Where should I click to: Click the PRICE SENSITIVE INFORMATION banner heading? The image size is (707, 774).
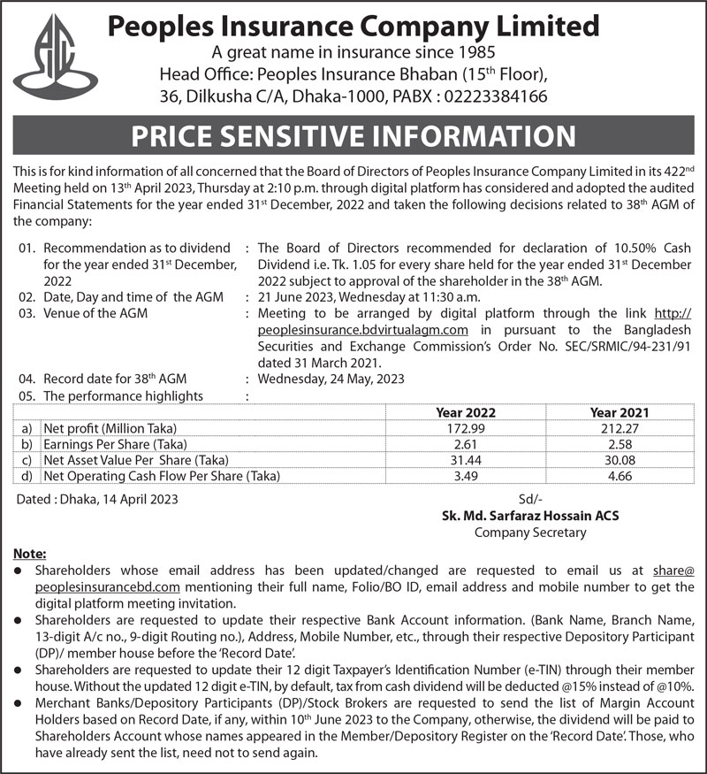353,137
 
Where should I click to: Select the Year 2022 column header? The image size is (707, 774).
466,412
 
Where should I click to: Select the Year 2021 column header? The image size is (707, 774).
620,412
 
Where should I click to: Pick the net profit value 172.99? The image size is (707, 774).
466,428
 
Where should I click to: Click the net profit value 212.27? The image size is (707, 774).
620,428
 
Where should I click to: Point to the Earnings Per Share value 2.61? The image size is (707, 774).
466,444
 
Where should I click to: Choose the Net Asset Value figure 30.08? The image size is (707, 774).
620,460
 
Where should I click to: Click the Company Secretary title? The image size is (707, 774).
530,533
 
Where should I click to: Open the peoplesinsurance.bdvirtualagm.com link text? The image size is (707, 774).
362,330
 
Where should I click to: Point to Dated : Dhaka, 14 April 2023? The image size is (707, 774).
98,500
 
